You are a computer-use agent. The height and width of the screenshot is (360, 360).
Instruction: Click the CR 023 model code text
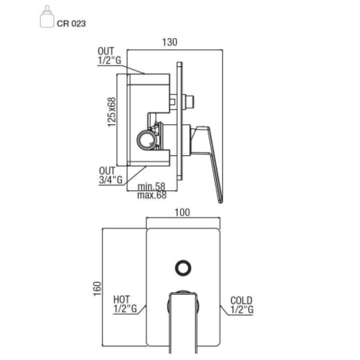[x=71, y=24]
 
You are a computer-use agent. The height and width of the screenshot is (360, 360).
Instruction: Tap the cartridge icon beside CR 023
[x=47, y=17]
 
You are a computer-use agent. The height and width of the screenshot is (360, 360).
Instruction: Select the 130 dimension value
[x=170, y=42]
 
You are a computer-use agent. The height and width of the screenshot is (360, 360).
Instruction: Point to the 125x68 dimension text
[x=112, y=112]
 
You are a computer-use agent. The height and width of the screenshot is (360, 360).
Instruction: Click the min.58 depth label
[x=151, y=186]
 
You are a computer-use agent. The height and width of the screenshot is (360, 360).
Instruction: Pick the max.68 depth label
[x=152, y=195]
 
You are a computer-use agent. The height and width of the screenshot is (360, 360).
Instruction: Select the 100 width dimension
[x=182, y=212]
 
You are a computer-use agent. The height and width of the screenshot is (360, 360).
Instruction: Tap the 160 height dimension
[x=97, y=288]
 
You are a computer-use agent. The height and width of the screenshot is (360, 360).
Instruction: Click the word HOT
[x=121, y=299]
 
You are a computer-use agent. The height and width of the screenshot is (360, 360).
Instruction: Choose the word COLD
[x=241, y=301]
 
